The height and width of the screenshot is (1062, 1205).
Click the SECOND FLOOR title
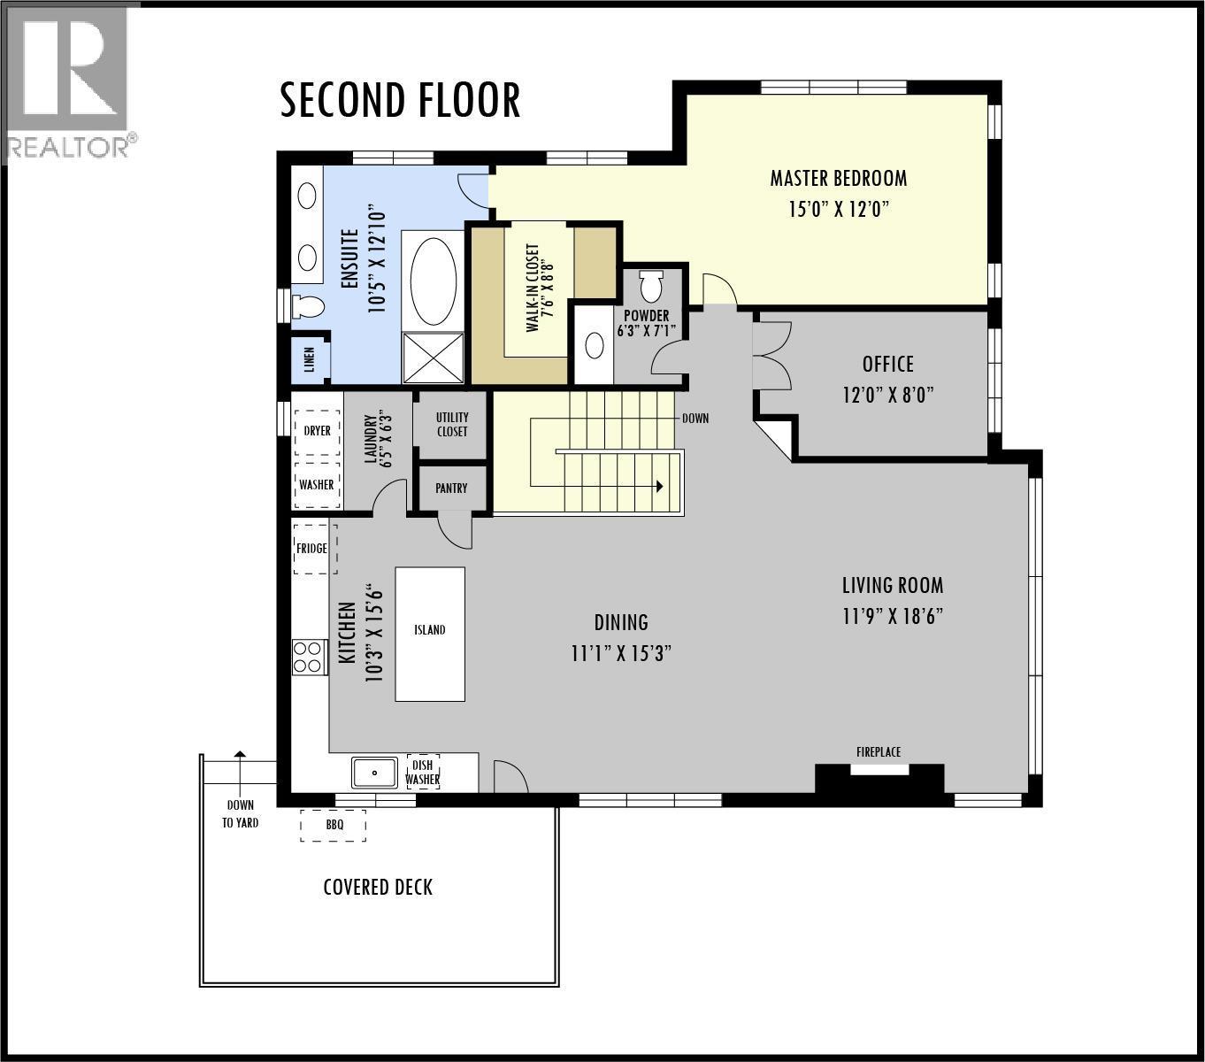pos(400,100)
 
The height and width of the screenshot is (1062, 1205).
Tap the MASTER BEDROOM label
pos(838,178)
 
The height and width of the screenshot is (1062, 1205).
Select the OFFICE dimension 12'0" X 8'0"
pos(887,395)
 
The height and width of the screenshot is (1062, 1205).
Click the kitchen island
pos(430,634)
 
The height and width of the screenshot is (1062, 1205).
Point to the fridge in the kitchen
pos(311,549)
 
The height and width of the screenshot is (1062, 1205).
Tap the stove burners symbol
pos(308,657)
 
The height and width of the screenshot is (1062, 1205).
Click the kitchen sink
pos(375,773)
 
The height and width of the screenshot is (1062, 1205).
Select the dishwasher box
pos(423,773)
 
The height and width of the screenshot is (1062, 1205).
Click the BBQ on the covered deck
pos(334,825)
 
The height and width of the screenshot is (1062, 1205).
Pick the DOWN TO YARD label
pos(240,813)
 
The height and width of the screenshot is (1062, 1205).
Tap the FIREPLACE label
pos(879,752)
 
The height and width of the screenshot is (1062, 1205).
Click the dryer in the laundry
pos(317,431)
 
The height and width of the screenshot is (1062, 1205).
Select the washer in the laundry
pos(317,485)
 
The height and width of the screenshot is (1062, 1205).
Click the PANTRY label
pos(451,489)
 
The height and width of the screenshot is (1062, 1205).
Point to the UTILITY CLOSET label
pos(451,425)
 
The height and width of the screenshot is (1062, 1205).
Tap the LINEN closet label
pos(310,360)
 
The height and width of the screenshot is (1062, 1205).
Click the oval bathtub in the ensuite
pos(434,281)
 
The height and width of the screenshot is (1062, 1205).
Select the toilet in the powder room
pos(651,287)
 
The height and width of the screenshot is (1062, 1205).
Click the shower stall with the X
pos(434,358)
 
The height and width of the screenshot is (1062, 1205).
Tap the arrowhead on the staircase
pos(659,486)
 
